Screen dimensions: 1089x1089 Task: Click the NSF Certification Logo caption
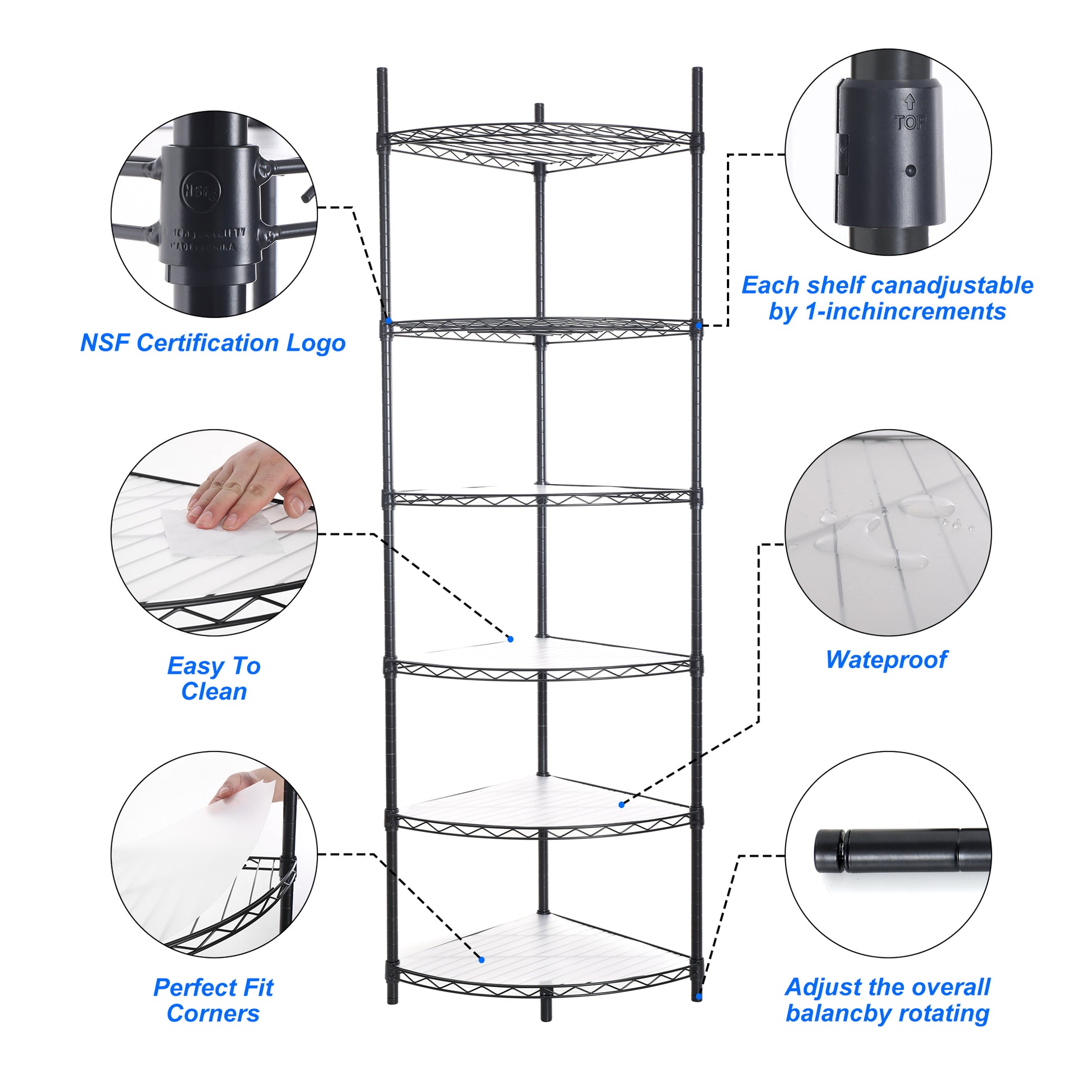pyautogui.click(x=213, y=342)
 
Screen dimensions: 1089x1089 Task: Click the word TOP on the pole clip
pyautogui.click(x=909, y=123)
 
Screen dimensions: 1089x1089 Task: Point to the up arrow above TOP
pyautogui.click(x=909, y=102)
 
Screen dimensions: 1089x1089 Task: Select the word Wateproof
pyautogui.click(x=886, y=659)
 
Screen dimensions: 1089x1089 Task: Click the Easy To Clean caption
pyautogui.click(x=214, y=679)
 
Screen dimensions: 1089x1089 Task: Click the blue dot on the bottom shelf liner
pyautogui.click(x=481, y=959)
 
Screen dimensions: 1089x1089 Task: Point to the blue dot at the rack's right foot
pyautogui.click(x=699, y=997)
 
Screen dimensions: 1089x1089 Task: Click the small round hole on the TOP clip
pyautogui.click(x=912, y=170)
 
